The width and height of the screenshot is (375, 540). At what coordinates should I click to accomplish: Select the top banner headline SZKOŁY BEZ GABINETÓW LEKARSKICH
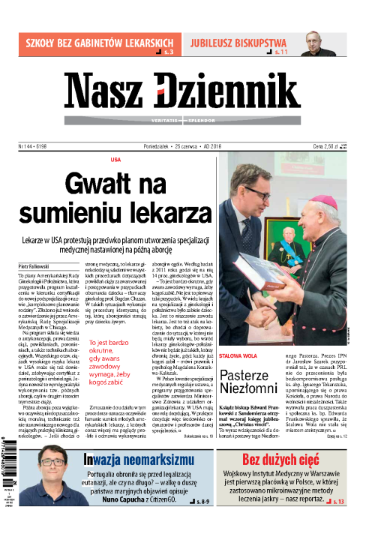(97, 42)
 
